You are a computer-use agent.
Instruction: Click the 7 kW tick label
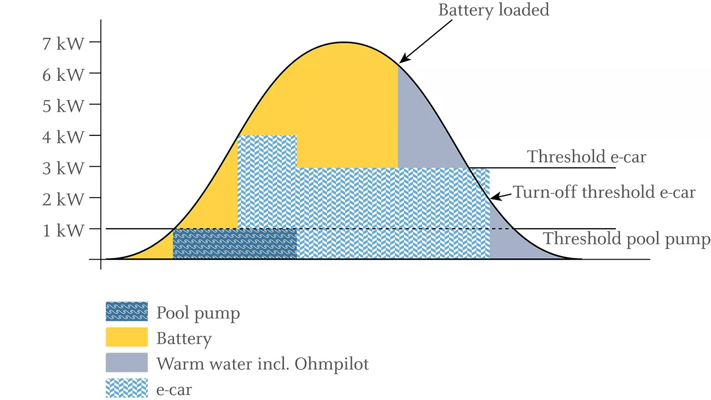click(63, 44)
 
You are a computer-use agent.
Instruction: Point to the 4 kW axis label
click(63, 137)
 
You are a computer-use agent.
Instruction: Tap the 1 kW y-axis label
click(63, 230)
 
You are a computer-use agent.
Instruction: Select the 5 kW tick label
click(63, 106)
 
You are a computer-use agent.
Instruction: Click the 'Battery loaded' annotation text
click(494, 10)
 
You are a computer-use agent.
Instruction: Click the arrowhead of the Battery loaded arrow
click(402, 61)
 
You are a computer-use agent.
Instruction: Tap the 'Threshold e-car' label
click(586, 157)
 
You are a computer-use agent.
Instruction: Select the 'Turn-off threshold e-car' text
click(604, 192)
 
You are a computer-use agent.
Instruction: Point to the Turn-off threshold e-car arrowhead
click(493, 198)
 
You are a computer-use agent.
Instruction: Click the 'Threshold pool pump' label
click(626, 239)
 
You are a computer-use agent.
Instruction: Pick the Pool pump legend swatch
click(127, 312)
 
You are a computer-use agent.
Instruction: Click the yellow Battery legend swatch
click(127, 337)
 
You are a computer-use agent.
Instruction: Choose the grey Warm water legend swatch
click(127, 363)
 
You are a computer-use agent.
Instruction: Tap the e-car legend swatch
click(127, 388)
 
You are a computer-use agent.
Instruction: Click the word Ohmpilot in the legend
click(331, 364)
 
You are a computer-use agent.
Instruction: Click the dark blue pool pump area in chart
click(235, 244)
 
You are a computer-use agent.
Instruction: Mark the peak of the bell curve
click(343, 43)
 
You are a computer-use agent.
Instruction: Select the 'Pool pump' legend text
click(198, 313)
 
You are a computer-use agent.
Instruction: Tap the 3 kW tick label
click(63, 169)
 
